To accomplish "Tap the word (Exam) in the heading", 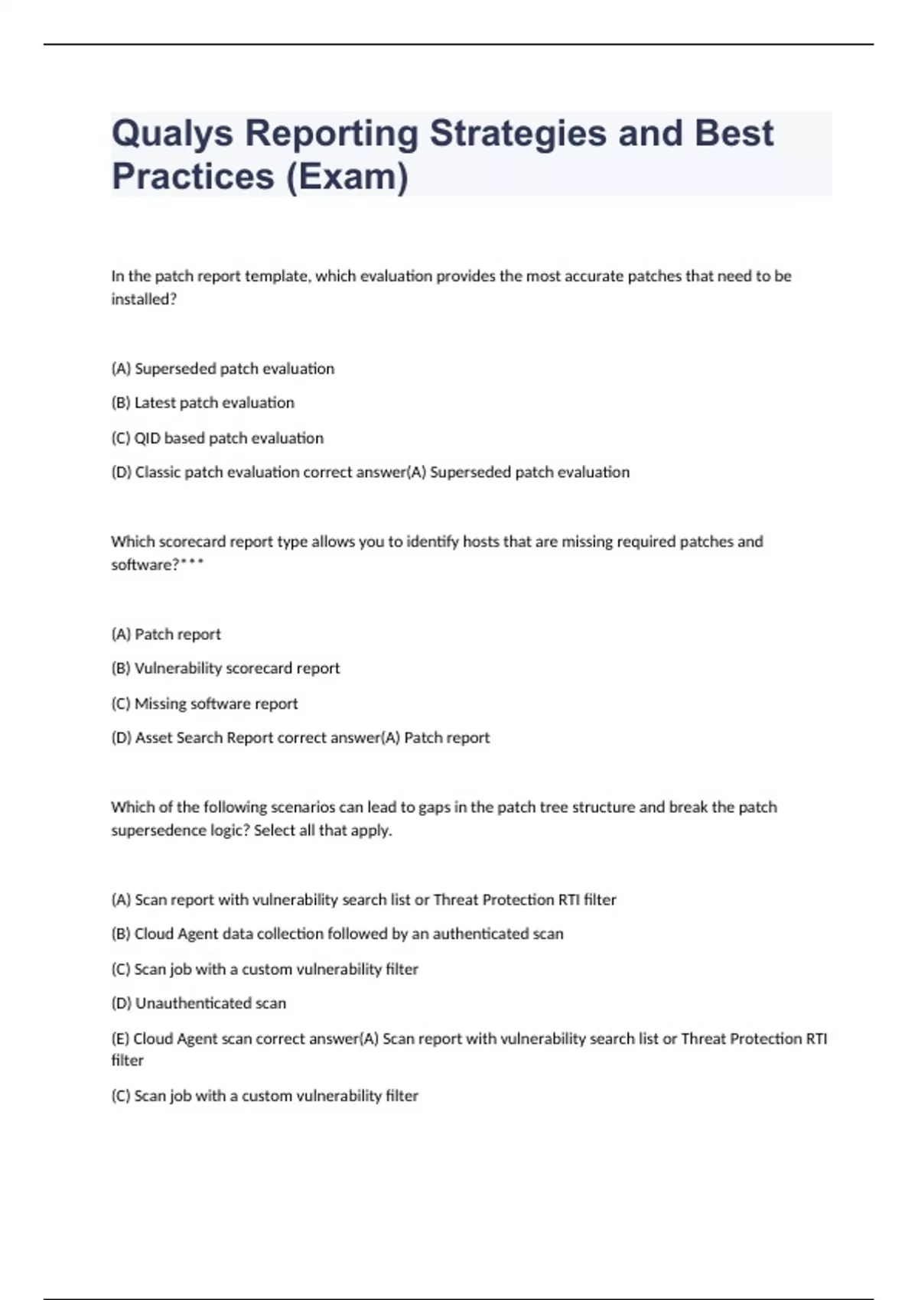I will pyautogui.click(x=347, y=177).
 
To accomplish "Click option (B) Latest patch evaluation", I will pyautogui.click(x=203, y=403).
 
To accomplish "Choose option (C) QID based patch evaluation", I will pyautogui.click(x=217, y=438).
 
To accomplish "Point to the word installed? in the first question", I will pyautogui.click(x=144, y=300).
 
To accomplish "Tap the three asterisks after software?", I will pyautogui.click(x=192, y=565).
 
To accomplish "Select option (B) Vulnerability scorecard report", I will pyautogui.click(x=226, y=668).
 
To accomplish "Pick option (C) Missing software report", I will pyautogui.click(x=204, y=704).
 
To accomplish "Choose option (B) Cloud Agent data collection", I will pyautogui.click(x=337, y=934).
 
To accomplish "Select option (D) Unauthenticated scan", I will pyautogui.click(x=199, y=1003).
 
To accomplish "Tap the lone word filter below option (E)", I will pyautogui.click(x=128, y=1061).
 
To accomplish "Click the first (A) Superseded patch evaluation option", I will pyautogui.click(x=223, y=369).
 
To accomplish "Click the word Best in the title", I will pyautogui.click(x=734, y=133).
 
